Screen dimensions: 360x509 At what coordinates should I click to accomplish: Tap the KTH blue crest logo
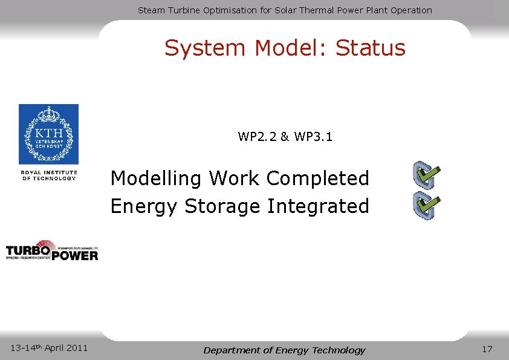48,134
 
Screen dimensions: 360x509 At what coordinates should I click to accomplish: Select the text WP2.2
258,137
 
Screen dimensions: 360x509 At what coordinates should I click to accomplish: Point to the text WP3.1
314,137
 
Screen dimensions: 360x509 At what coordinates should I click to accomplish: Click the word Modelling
157,179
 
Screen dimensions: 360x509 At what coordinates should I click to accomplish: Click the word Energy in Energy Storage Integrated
144,206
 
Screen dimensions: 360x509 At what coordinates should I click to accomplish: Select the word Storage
223,206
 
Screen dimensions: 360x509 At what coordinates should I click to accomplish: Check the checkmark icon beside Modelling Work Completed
426,175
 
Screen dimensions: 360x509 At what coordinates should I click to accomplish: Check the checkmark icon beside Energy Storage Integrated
426,206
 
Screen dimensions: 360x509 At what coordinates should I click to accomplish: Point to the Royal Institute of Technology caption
49,175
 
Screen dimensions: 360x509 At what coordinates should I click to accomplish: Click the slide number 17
487,349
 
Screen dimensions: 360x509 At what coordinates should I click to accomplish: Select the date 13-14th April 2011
49,348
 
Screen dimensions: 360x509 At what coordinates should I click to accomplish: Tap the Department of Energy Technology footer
284,350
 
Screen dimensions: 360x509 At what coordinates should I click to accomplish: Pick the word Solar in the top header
283,10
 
